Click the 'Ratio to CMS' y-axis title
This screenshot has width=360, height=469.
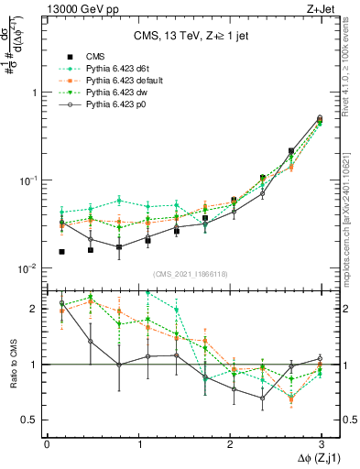tap(13, 364)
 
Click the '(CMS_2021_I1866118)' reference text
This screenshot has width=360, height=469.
tap(191, 274)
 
